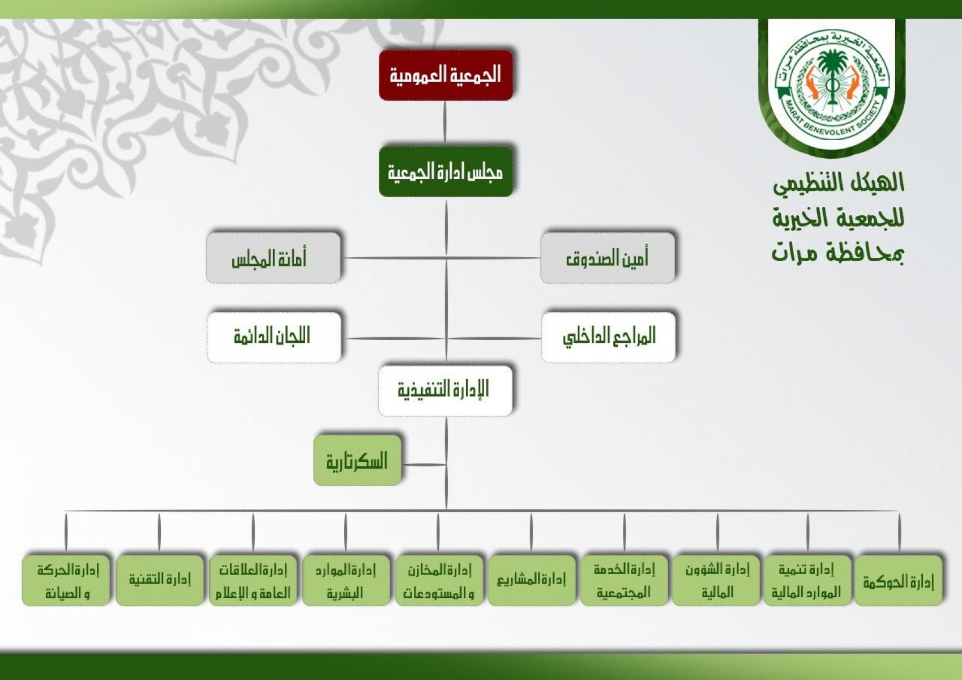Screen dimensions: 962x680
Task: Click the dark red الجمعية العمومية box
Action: [446, 75]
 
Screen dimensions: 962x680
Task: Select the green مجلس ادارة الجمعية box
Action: [446, 172]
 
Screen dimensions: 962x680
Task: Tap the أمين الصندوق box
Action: [607, 258]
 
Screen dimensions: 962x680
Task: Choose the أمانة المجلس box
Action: [273, 258]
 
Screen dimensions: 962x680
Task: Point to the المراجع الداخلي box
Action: [608, 337]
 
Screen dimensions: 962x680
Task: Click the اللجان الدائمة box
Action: [274, 337]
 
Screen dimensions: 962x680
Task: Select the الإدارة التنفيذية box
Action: [446, 391]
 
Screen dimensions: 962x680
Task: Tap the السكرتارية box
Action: [357, 460]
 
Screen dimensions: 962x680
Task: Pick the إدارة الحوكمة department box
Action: [899, 581]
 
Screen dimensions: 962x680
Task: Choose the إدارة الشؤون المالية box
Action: [716, 581]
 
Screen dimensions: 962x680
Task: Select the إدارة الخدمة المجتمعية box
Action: [625, 581]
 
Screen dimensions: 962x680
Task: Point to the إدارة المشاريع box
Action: [532, 581]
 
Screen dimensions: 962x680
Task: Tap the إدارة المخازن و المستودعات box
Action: [439, 581]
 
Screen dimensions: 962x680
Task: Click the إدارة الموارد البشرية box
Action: [346, 581]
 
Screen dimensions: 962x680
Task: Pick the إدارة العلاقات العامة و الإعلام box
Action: [253, 581]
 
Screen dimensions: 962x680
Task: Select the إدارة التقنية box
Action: [159, 581]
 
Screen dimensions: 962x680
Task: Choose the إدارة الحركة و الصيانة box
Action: [66, 581]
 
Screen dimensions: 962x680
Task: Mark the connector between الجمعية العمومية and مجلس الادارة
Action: [445, 123]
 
